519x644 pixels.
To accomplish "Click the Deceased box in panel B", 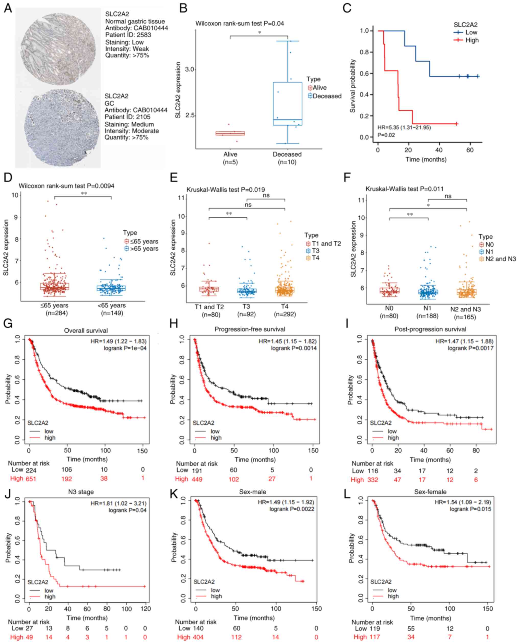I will click(288, 103).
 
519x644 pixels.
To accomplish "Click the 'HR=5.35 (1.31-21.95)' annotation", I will click(404, 127).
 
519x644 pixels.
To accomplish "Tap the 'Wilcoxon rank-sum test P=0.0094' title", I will click(66, 186).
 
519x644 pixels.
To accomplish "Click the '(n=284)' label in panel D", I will click(56, 313).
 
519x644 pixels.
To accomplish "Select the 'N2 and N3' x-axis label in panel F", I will click(465, 309).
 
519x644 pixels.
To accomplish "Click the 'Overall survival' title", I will click(86, 331).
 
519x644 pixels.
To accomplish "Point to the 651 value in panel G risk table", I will click(30, 479).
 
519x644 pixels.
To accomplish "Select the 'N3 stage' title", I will click(81, 492).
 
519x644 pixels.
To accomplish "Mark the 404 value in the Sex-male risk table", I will click(197, 637).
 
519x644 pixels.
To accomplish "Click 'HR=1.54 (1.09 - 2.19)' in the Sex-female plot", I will click(463, 502).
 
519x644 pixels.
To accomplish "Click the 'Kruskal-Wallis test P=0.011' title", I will click(405, 189).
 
